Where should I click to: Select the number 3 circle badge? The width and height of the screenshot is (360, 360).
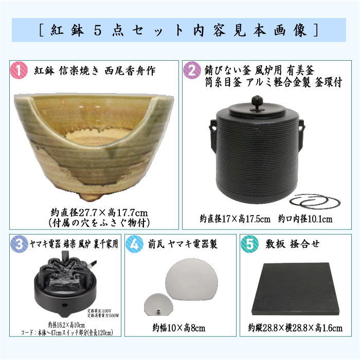coord(18,244)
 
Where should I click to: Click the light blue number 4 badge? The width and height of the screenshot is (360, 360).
coord(135,244)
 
